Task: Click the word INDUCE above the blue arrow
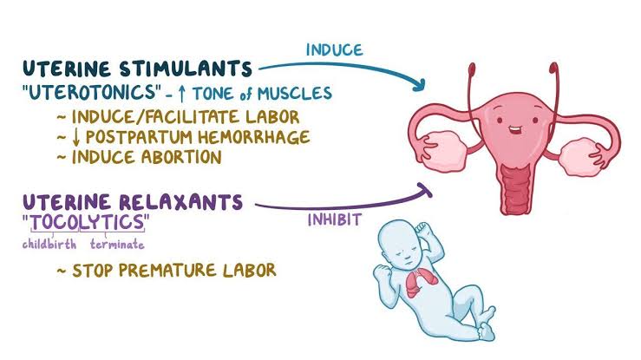(335, 49)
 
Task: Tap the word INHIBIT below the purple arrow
(335, 219)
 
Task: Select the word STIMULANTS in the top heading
(186, 69)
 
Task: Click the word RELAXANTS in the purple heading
(181, 202)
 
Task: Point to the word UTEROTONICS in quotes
(93, 92)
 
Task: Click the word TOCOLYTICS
(88, 222)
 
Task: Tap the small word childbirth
(49, 245)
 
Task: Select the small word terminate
(117, 245)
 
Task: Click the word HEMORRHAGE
(254, 137)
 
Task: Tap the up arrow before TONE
(182, 94)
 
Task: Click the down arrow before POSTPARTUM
(76, 137)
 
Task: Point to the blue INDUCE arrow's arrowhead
(420, 85)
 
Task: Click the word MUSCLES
(294, 94)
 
